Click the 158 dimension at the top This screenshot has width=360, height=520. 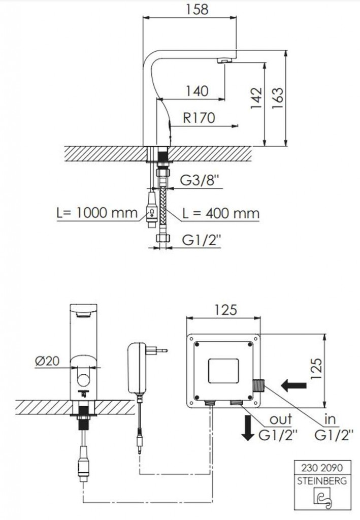(x=197, y=9)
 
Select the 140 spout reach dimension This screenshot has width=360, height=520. (x=197, y=91)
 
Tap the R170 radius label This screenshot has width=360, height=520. (x=199, y=118)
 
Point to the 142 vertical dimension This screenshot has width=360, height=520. (x=256, y=98)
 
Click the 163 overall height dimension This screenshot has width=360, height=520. (x=277, y=98)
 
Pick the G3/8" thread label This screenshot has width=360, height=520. (x=200, y=181)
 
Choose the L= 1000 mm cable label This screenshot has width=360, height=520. (x=97, y=213)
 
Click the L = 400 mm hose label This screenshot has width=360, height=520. (x=221, y=213)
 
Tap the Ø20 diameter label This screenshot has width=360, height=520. (x=47, y=361)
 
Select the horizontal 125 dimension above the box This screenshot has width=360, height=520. (x=225, y=310)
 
